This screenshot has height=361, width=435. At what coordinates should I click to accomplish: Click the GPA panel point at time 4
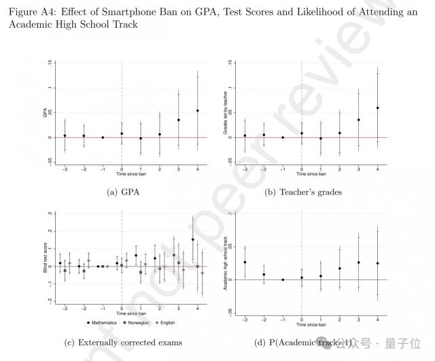click(x=198, y=110)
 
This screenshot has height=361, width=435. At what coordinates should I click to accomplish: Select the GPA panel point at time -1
click(x=103, y=137)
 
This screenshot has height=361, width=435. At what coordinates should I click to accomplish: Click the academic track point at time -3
click(x=245, y=262)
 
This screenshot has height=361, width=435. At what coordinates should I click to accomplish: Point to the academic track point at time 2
click(x=340, y=269)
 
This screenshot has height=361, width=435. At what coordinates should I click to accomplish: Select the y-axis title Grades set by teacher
click(x=226, y=113)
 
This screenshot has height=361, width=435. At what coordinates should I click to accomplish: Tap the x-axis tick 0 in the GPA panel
click(x=122, y=169)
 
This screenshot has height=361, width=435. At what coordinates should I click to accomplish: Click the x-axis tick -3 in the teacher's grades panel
click(x=245, y=169)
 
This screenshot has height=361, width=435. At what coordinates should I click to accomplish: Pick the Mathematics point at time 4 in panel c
click(x=192, y=239)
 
